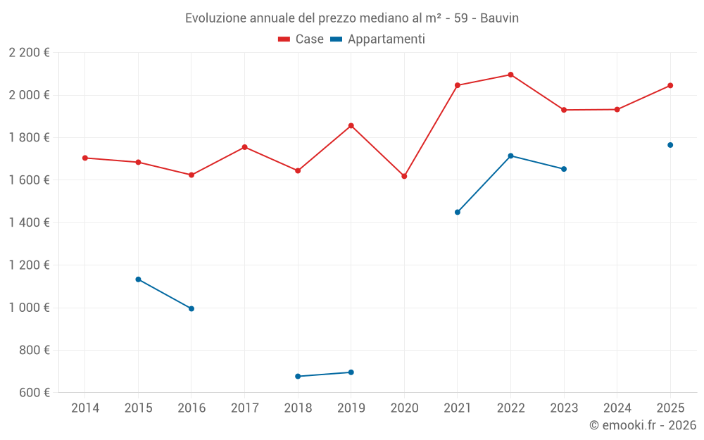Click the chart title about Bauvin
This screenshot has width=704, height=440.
[351, 18]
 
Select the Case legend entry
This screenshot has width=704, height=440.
[301, 39]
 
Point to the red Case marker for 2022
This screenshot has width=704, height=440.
[510, 75]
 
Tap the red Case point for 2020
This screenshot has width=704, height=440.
[404, 176]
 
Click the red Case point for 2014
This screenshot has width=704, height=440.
[85, 158]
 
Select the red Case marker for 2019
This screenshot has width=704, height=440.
[351, 125]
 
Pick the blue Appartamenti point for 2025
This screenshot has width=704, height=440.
[670, 145]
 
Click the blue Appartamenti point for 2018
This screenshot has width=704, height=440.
[298, 376]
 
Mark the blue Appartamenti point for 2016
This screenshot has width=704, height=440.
[191, 308]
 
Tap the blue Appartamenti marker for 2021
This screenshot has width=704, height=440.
[458, 212]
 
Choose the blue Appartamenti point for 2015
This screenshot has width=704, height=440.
[138, 279]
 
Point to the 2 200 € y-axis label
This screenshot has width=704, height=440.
[29, 53]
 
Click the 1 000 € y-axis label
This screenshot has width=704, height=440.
[29, 308]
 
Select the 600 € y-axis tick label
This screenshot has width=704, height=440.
[33, 392]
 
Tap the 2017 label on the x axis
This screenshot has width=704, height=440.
[244, 408]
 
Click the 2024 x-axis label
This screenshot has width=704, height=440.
[617, 408]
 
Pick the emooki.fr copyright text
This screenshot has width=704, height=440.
[642, 425]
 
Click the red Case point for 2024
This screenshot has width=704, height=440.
[617, 109]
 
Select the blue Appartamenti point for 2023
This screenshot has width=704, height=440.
[564, 169]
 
